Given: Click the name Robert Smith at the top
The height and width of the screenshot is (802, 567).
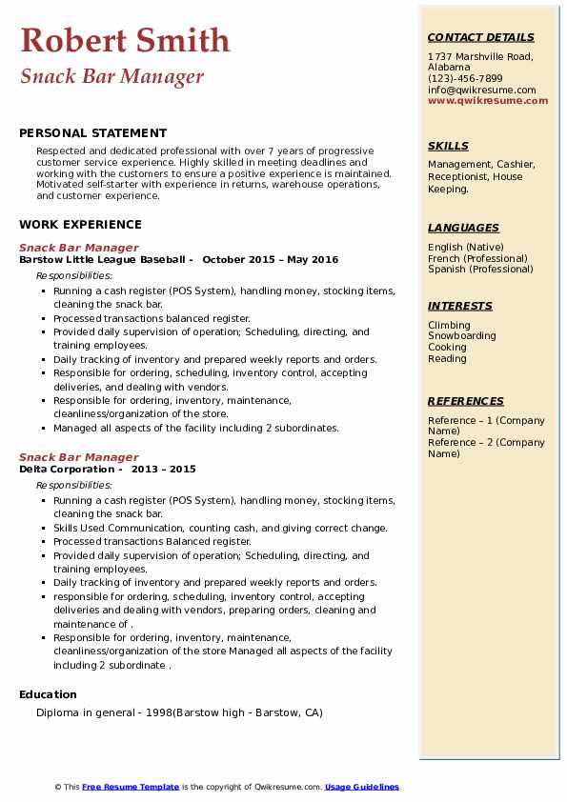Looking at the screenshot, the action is point(125,40).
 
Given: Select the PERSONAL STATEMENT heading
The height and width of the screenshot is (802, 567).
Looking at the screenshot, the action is point(92,133).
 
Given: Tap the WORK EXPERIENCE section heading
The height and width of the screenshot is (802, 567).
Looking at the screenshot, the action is point(80,225).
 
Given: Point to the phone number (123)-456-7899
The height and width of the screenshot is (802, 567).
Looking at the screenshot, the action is point(465,79).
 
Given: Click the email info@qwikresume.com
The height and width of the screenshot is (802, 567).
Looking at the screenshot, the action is point(481,90).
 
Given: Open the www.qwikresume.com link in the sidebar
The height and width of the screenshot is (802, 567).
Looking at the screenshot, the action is point(488,100).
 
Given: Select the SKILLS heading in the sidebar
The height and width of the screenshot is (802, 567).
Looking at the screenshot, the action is point(448,147).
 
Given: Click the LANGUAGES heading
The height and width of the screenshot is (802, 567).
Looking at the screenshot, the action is point(463,229).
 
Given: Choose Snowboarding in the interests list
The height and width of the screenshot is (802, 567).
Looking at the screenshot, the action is point(462,336).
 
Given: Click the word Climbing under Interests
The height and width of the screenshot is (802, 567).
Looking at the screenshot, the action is point(449,326).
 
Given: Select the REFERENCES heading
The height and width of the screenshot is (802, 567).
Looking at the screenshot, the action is point(466,402).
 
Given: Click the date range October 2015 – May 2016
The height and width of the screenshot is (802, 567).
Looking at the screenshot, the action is point(271,259).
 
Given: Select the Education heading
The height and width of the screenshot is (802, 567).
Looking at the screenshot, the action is point(48,694).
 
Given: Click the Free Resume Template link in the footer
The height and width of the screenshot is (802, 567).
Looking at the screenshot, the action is point(131,787).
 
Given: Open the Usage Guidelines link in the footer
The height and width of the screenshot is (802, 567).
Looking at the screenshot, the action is point(362,787).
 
